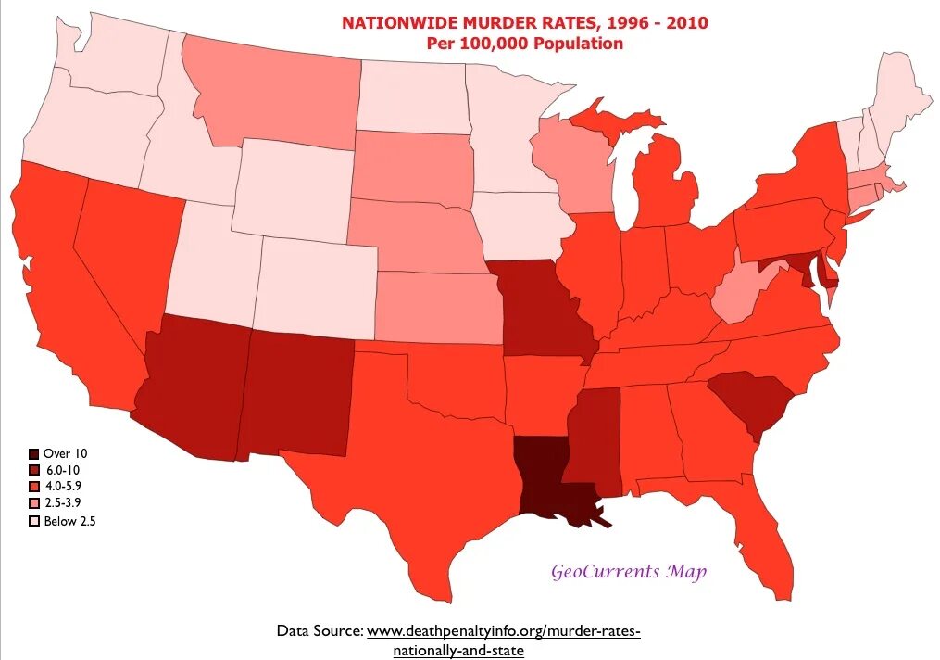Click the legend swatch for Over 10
click(x=34, y=453)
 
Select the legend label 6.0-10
click(x=64, y=470)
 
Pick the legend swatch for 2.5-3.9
click(x=34, y=504)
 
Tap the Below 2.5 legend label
click(x=70, y=521)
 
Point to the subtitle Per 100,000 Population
click(x=524, y=44)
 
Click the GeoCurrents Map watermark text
click(x=629, y=571)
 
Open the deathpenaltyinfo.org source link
click(x=503, y=631)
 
